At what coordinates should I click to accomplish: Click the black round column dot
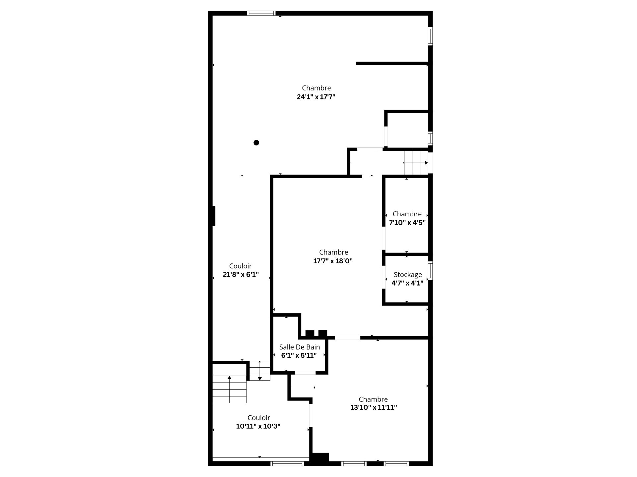[x=256, y=143]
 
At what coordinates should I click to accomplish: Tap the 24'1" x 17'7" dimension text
[x=316, y=97]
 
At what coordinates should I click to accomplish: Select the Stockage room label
[x=408, y=275]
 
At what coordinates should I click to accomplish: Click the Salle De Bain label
[x=300, y=347]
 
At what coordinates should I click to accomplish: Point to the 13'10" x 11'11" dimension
[x=374, y=407]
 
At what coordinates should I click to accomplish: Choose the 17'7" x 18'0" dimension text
[x=333, y=261]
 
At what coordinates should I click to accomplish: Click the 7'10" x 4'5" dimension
[x=407, y=223]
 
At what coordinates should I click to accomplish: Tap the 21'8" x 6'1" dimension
[x=241, y=275]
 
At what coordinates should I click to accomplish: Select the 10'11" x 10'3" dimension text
[x=258, y=426]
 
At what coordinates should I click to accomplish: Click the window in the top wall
[x=261, y=13]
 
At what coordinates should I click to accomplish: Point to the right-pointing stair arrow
[x=416, y=163]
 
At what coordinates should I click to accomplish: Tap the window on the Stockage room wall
[x=430, y=271]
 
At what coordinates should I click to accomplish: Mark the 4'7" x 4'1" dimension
[x=407, y=283]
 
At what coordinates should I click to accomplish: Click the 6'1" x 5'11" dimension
[x=299, y=356]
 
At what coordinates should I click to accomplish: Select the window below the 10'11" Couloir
[x=287, y=463]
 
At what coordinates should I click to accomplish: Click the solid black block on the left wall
[x=214, y=216]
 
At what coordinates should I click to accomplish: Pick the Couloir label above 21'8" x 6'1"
[x=241, y=266]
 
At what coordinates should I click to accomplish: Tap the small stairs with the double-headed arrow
[x=260, y=371]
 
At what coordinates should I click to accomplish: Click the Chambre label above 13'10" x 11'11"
[x=373, y=399]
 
